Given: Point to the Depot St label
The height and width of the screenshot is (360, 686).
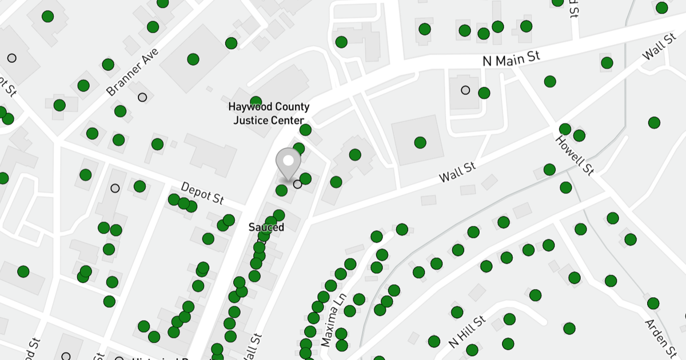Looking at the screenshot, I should [202, 193].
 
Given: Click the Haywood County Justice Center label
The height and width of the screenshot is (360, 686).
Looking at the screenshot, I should [268, 113].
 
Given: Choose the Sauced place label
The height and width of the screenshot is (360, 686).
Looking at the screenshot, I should [266, 227].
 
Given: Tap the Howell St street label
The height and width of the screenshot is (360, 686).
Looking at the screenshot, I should [574, 155].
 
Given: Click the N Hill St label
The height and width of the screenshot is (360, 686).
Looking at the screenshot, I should [466, 332].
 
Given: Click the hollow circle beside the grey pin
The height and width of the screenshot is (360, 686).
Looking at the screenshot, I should [297, 184].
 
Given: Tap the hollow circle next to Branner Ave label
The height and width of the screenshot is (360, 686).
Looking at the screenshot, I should [142, 97].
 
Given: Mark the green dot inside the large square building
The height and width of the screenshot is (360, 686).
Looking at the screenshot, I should [420, 142].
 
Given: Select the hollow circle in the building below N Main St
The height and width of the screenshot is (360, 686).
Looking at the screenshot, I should [465, 90].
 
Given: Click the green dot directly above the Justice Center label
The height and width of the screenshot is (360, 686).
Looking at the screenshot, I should [256, 102].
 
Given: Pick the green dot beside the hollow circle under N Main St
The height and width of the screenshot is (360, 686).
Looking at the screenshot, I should [484, 93].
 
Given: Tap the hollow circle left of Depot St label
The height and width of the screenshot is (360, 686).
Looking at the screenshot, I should [115, 188].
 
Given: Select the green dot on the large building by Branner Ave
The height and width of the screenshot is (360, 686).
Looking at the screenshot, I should [193, 59].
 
